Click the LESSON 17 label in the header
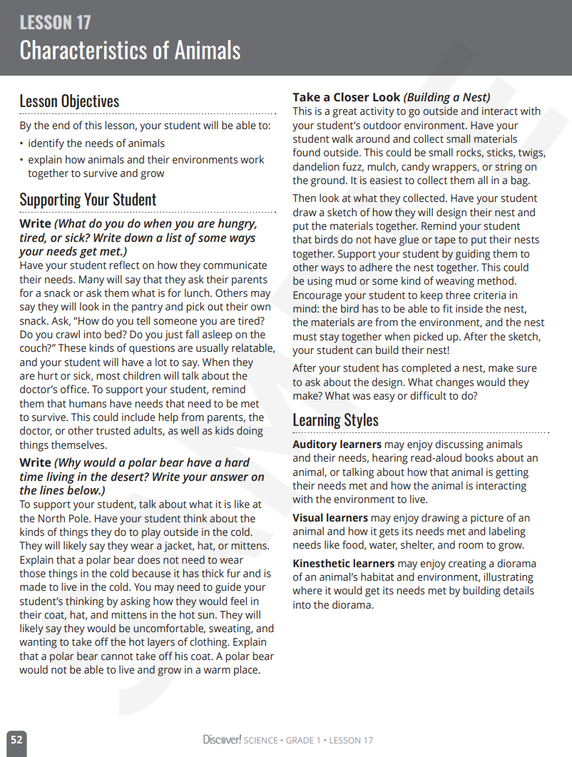(x=55, y=23)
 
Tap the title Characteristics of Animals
(x=130, y=51)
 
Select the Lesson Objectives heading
(x=69, y=101)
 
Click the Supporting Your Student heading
(x=88, y=200)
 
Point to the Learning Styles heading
(x=335, y=420)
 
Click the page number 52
(x=16, y=741)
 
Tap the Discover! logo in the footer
(x=222, y=740)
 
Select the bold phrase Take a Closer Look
(x=347, y=98)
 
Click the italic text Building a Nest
(x=447, y=98)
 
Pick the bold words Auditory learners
(x=337, y=444)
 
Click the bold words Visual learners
(x=330, y=518)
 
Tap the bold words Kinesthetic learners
(x=344, y=564)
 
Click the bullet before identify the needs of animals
(x=21, y=144)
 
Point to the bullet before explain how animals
(x=21, y=161)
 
